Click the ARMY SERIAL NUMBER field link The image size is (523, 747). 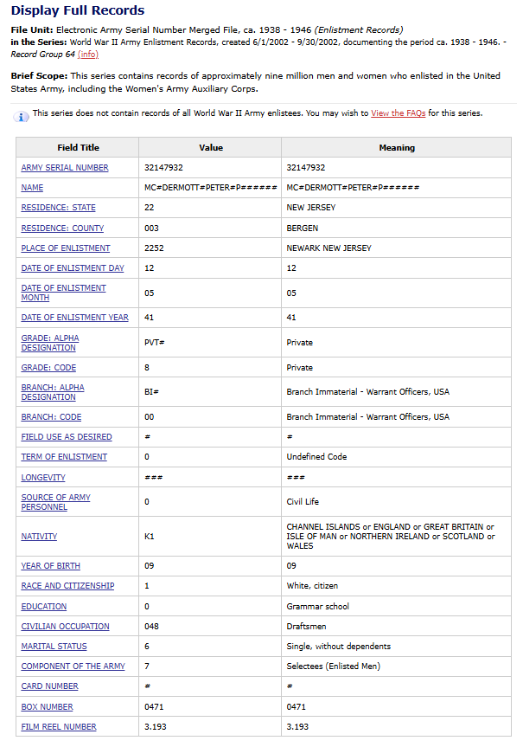coord(65,167)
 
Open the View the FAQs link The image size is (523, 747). coord(398,113)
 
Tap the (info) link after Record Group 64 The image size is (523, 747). coord(88,54)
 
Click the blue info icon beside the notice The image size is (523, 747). coord(22,115)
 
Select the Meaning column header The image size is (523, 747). coord(397,147)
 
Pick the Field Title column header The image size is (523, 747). coord(78,147)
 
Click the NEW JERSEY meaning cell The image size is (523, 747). coord(311,208)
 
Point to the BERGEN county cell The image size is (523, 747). coord(303,228)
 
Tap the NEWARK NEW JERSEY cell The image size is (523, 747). coord(328,248)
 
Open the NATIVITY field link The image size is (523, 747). coord(39,537)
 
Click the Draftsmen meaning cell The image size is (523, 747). coord(307,626)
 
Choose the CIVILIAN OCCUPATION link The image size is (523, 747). coord(65,626)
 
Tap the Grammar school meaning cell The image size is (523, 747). coord(318,606)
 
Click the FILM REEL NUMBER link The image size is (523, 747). coord(59,726)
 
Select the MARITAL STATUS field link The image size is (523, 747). coord(54,646)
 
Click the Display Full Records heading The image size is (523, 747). coord(78,10)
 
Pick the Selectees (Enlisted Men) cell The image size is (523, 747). coord(334,666)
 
